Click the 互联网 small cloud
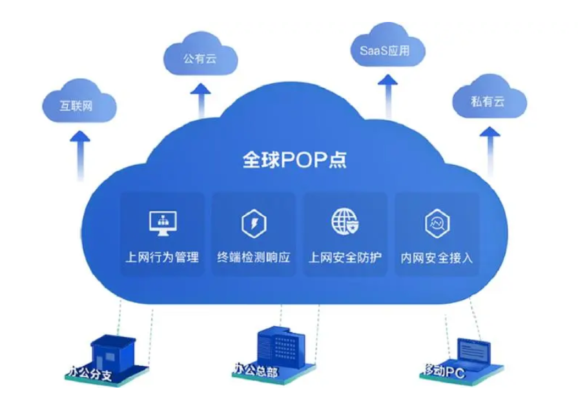[77, 105]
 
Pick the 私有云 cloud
[488, 101]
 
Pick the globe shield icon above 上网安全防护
[344, 222]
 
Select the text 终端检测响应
[254, 257]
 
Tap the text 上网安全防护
[345, 257]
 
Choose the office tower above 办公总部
[274, 345]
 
